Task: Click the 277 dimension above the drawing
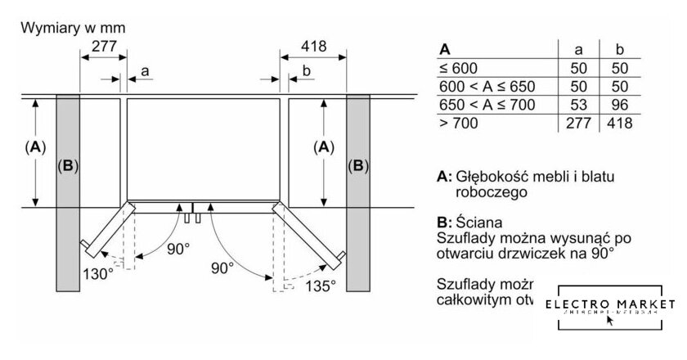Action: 103,47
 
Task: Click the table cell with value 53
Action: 572,105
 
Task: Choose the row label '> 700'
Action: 459,123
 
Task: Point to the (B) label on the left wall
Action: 67,166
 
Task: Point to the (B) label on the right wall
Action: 357,166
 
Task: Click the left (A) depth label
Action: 34,147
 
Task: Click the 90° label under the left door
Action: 177,248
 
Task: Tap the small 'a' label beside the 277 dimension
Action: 145,72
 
